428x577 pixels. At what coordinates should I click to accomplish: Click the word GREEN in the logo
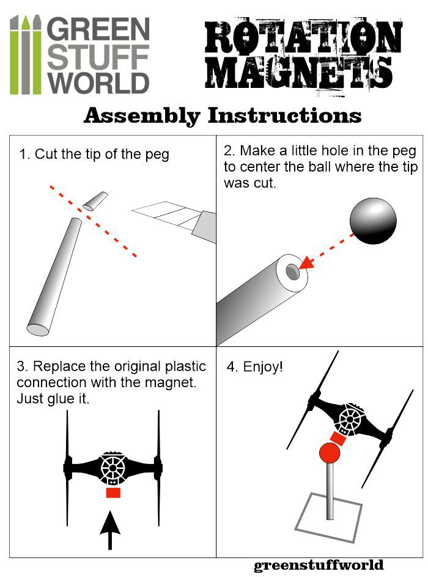[98, 29]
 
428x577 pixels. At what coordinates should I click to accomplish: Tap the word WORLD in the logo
[98, 83]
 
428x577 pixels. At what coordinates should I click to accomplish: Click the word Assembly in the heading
[142, 116]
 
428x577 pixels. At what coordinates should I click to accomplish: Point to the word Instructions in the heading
[284, 115]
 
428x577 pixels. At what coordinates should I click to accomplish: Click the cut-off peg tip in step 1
[95, 201]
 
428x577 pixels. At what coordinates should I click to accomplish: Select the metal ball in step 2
[373, 221]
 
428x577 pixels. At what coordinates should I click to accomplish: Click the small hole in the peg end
[293, 272]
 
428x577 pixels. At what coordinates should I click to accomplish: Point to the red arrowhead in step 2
[307, 264]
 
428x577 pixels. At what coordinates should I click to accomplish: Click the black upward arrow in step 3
[110, 529]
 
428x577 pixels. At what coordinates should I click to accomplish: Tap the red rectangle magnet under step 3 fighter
[113, 492]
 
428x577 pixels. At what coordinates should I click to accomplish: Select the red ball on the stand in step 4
[329, 453]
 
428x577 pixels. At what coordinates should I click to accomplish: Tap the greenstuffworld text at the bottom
[319, 565]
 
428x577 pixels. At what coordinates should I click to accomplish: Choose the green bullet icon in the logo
[26, 55]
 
